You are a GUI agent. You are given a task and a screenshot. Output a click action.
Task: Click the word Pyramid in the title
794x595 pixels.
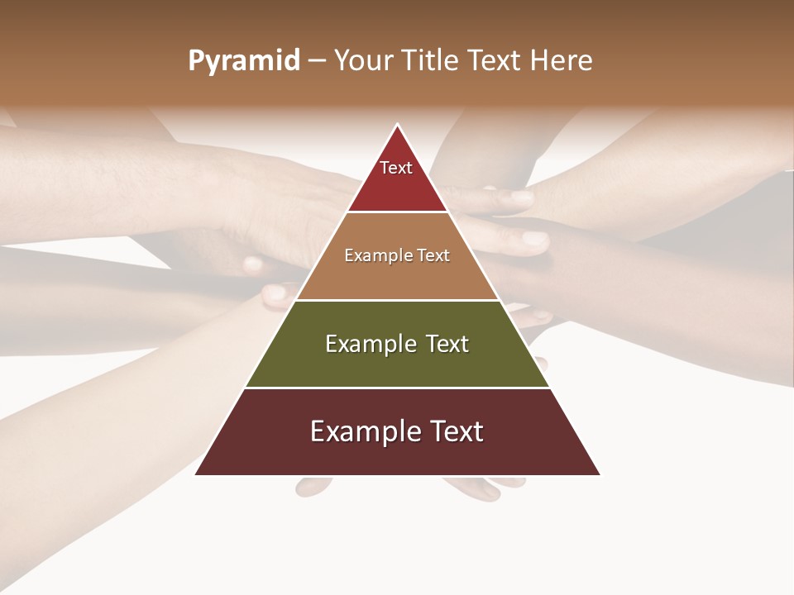243,61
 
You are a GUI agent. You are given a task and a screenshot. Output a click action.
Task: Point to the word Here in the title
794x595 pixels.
561,60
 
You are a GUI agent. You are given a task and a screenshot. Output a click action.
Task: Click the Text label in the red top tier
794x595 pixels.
396,168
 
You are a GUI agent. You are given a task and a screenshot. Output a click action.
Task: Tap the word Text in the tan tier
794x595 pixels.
433,255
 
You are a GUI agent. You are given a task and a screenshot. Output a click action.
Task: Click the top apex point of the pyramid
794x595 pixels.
398,125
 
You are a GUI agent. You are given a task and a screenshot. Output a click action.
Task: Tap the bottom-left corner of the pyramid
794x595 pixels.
196,474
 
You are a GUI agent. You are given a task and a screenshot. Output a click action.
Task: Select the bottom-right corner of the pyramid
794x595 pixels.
600,474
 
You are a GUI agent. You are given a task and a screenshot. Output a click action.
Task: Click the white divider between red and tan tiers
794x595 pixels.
397,212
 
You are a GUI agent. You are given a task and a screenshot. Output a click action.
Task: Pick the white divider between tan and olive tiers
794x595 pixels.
397,300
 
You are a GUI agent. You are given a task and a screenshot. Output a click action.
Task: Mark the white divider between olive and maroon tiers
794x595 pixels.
397,388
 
